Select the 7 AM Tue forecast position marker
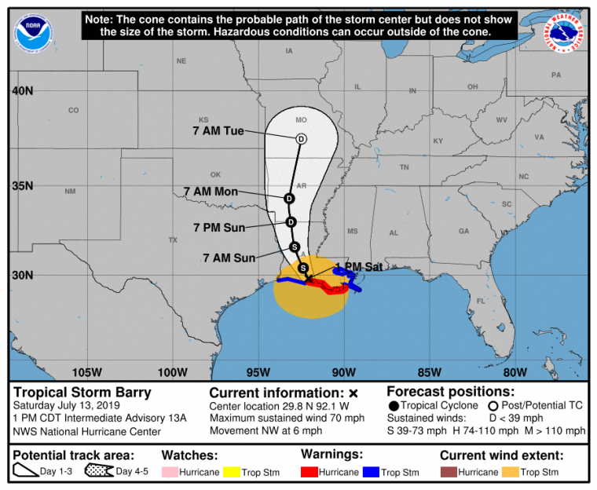pyautogui.click(x=301, y=139)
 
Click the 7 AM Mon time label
pyautogui.click(x=210, y=191)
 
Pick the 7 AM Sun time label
pyautogui.click(x=229, y=257)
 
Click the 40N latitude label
pyautogui.click(x=22, y=91)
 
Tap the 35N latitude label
pyautogui.click(x=22, y=186)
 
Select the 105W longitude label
pyautogui.click(x=87, y=371)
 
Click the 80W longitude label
pyautogui.click(x=515, y=371)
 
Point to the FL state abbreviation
pyautogui.click(x=481, y=302)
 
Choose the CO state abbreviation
pyautogui.click(x=73, y=111)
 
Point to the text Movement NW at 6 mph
pyautogui.click(x=266, y=431)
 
